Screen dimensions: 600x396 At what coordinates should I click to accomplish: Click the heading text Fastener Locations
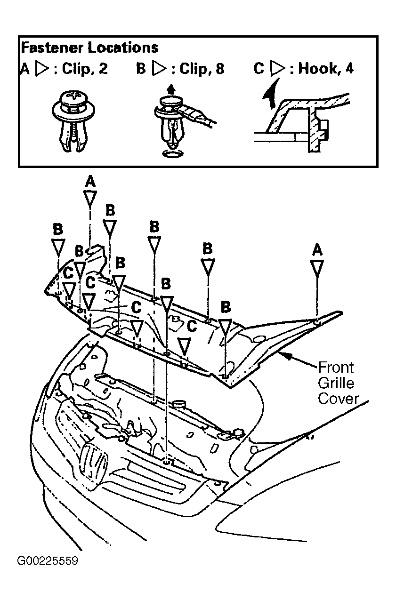coord(89,48)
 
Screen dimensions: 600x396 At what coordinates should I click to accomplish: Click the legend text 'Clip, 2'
coord(85,69)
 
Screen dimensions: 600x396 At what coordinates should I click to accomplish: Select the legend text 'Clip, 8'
coord(202,69)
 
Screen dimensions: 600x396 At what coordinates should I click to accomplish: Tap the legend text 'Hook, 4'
coord(326,69)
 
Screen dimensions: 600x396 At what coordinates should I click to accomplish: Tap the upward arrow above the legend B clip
coord(171,89)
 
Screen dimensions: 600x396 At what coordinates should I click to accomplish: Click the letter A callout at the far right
coord(317,249)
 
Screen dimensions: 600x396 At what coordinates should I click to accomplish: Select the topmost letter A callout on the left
coord(89,181)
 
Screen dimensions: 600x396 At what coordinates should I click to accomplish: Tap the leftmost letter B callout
coord(57,229)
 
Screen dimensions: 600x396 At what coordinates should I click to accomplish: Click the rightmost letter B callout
coord(226,307)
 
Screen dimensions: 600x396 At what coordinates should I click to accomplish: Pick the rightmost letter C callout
coord(191,326)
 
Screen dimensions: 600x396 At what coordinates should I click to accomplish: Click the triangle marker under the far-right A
coord(317,268)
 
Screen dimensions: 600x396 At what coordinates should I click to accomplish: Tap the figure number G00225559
coord(48,561)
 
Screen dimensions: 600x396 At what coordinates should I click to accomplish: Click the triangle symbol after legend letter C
coord(277,69)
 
